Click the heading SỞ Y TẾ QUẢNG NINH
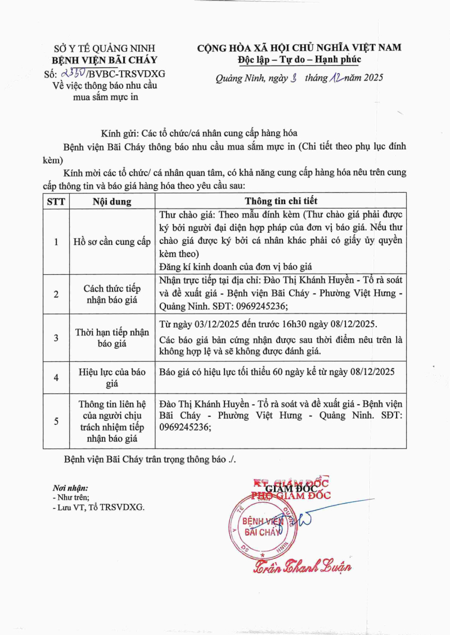click(105, 48)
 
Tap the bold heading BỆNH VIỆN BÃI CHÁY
click(105, 60)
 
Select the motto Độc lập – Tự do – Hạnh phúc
click(299, 60)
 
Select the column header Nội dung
click(112, 201)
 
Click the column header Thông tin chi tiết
click(281, 201)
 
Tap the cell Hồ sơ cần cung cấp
click(112, 242)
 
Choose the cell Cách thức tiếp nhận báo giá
click(112, 294)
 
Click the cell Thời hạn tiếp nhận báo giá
click(112, 338)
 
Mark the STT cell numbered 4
click(56, 377)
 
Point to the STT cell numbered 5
click(56, 420)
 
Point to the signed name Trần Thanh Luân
click(303, 566)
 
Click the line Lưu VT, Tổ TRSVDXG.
click(100, 507)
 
